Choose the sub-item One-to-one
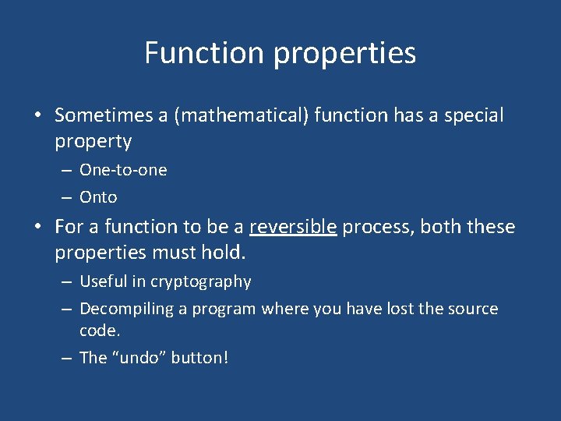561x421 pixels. point(123,170)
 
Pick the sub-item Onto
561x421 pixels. point(98,197)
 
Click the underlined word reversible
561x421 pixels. point(293,227)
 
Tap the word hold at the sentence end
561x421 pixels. point(224,253)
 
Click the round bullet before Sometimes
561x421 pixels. point(37,116)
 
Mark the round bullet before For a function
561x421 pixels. point(37,228)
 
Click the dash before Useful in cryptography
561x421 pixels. point(68,281)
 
